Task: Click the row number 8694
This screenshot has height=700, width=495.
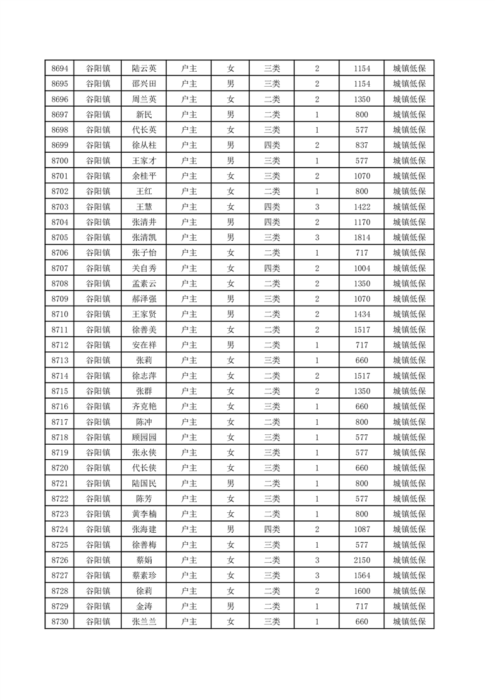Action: click(x=59, y=69)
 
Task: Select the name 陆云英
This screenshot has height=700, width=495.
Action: click(x=144, y=69)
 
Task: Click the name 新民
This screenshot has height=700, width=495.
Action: click(x=144, y=115)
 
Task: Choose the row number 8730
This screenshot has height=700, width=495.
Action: click(x=59, y=621)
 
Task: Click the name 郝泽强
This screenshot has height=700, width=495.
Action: click(x=144, y=299)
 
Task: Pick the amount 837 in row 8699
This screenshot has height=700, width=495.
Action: click(x=361, y=145)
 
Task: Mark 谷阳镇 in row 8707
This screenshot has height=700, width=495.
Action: click(x=98, y=268)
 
